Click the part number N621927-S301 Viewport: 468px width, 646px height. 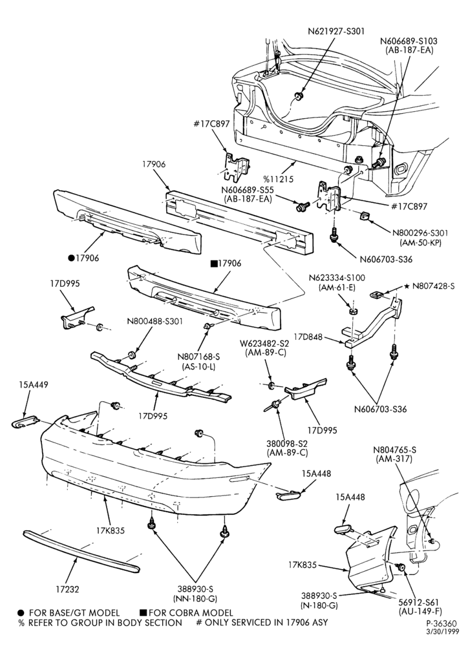click(x=336, y=31)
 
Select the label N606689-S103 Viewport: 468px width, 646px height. click(x=409, y=41)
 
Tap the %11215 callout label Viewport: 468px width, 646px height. click(x=279, y=179)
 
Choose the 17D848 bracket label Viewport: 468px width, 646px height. click(x=308, y=338)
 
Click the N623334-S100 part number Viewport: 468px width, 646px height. click(x=337, y=278)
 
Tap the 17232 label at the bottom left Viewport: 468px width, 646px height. click(x=67, y=590)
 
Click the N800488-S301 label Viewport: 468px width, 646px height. click(x=154, y=321)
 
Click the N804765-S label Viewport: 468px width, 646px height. click(x=394, y=450)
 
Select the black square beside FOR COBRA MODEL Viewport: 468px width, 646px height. click(x=144, y=612)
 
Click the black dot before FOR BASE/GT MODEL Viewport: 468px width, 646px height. click(x=21, y=612)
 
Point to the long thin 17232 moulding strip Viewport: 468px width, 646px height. click(x=80, y=552)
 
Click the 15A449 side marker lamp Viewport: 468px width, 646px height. click(x=25, y=422)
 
